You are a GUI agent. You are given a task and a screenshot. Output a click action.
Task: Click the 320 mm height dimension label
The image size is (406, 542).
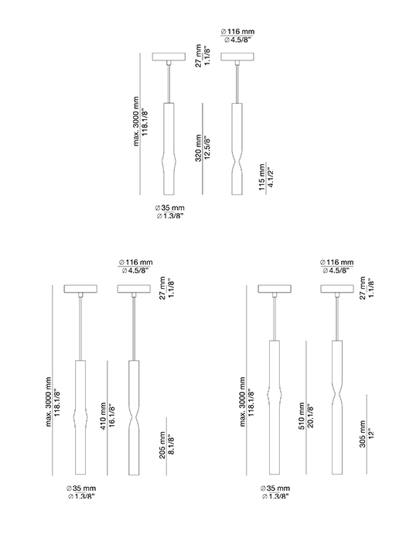[x=198, y=148]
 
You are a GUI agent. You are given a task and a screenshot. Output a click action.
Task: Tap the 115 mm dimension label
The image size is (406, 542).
[x=261, y=177]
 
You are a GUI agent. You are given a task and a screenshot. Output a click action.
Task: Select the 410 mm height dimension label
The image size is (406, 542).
[x=103, y=416]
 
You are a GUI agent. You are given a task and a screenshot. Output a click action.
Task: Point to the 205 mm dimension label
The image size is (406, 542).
[x=162, y=445]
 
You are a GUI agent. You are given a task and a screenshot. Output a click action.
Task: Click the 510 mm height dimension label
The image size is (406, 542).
[x=302, y=416]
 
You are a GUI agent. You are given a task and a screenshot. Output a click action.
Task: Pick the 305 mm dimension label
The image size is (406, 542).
[x=363, y=434]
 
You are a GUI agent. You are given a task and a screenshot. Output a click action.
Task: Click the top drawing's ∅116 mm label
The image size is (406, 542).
[x=237, y=32]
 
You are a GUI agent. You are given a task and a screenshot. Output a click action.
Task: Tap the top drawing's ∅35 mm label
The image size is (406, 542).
[x=169, y=208]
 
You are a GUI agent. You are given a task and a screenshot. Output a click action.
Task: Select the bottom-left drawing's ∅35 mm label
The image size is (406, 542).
[x=81, y=489]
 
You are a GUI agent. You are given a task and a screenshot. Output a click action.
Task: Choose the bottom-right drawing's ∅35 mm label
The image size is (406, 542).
[x=275, y=489]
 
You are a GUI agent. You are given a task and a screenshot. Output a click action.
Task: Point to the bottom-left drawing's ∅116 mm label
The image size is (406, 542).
[x=135, y=262]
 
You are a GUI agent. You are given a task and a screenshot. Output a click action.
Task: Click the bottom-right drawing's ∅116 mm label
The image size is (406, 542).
[x=336, y=262]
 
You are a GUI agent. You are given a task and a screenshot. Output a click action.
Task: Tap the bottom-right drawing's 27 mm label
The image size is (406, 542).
[x=363, y=288]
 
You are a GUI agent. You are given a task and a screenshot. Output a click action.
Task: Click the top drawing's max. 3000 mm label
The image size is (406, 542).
[x=136, y=122]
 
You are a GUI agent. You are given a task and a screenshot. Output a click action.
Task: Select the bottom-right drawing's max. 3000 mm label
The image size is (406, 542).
[x=243, y=402]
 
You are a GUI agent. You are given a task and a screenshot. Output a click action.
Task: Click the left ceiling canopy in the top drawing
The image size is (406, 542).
[x=169, y=57]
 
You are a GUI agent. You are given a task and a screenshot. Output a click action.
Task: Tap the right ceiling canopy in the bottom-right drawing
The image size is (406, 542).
[x=337, y=289]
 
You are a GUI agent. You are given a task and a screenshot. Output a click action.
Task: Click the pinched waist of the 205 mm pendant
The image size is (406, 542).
[x=134, y=420]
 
